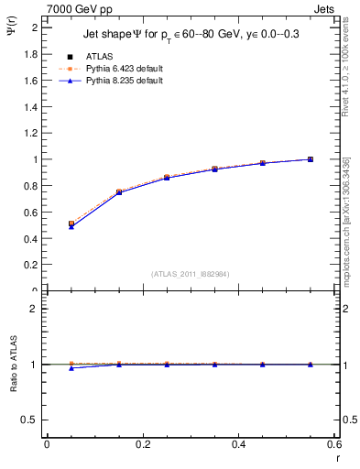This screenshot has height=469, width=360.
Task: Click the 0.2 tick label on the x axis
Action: tap(142, 444)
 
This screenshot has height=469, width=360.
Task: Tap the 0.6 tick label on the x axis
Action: tap(334, 444)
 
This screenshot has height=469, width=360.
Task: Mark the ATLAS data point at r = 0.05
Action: tap(71, 224)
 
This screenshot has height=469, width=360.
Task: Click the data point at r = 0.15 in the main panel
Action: tap(119, 192)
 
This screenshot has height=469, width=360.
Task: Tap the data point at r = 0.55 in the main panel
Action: tap(311, 159)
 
